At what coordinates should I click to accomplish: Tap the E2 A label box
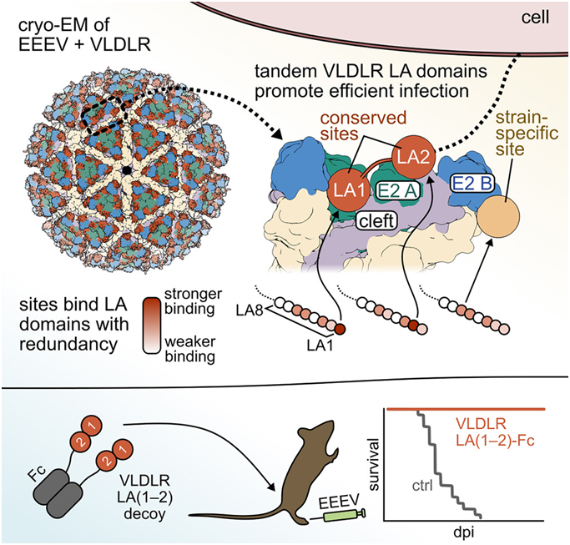[396, 191]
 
